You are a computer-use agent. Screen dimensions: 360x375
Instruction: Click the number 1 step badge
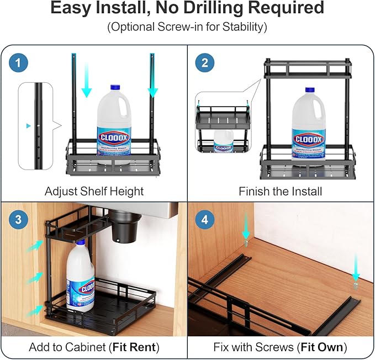[x=19, y=63]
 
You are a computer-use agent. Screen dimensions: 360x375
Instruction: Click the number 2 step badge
[x=205, y=63]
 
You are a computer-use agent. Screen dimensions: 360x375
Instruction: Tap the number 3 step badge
[x=19, y=219]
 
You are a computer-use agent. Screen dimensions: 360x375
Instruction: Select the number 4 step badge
[x=205, y=219]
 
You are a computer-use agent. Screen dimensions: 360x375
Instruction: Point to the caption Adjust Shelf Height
[x=94, y=192]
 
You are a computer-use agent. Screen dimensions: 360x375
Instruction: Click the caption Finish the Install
[x=280, y=192]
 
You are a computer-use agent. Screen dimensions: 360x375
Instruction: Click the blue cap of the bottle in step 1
[x=115, y=88]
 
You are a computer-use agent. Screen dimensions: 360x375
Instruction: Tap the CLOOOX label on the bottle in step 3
[x=88, y=287]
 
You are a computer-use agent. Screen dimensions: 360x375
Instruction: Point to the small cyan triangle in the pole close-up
[x=29, y=126]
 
